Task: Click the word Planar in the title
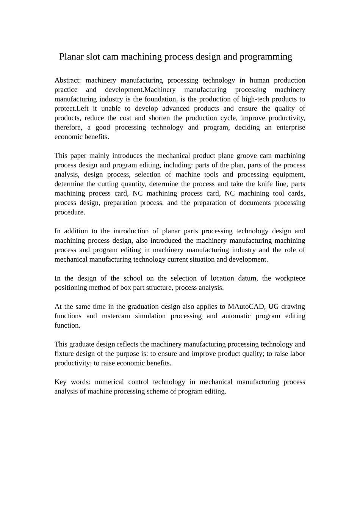71,57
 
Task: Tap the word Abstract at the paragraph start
67,80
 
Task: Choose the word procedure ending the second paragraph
69,212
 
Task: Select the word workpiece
290,278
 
